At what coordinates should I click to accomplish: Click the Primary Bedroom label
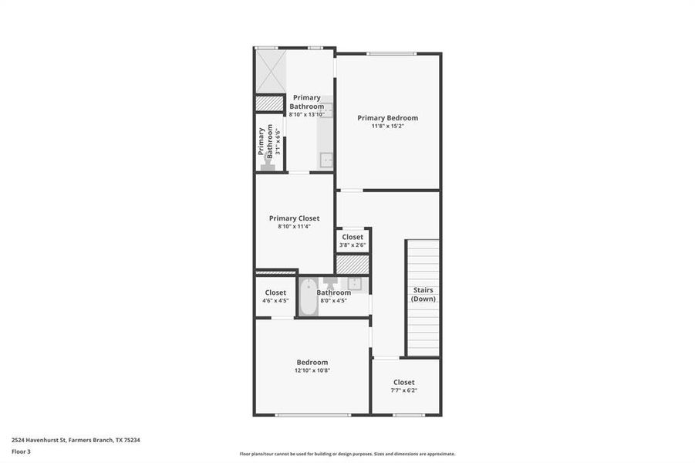pos(387,118)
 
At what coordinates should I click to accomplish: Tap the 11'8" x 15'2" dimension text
pos(387,126)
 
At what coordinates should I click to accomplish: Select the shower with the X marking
pos(270,72)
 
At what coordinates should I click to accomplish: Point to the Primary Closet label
pos(294,218)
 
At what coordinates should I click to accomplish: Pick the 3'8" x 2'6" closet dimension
pos(353,245)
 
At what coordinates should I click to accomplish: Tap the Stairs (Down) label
pos(423,294)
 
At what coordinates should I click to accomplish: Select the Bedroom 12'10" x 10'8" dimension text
pos(312,370)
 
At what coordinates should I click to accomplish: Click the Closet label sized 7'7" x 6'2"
pos(403,382)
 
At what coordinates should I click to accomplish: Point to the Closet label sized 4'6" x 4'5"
pos(275,292)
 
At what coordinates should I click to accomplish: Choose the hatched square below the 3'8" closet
pos(353,264)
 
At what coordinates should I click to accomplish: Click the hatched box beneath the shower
pos(270,103)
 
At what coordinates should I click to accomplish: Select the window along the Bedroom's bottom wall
pos(312,415)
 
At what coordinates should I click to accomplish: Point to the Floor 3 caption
pos(22,451)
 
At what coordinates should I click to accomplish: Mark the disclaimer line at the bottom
pos(347,454)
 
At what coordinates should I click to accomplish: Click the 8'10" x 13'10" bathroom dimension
pos(306,114)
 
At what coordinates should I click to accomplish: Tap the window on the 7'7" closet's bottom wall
pos(408,415)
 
